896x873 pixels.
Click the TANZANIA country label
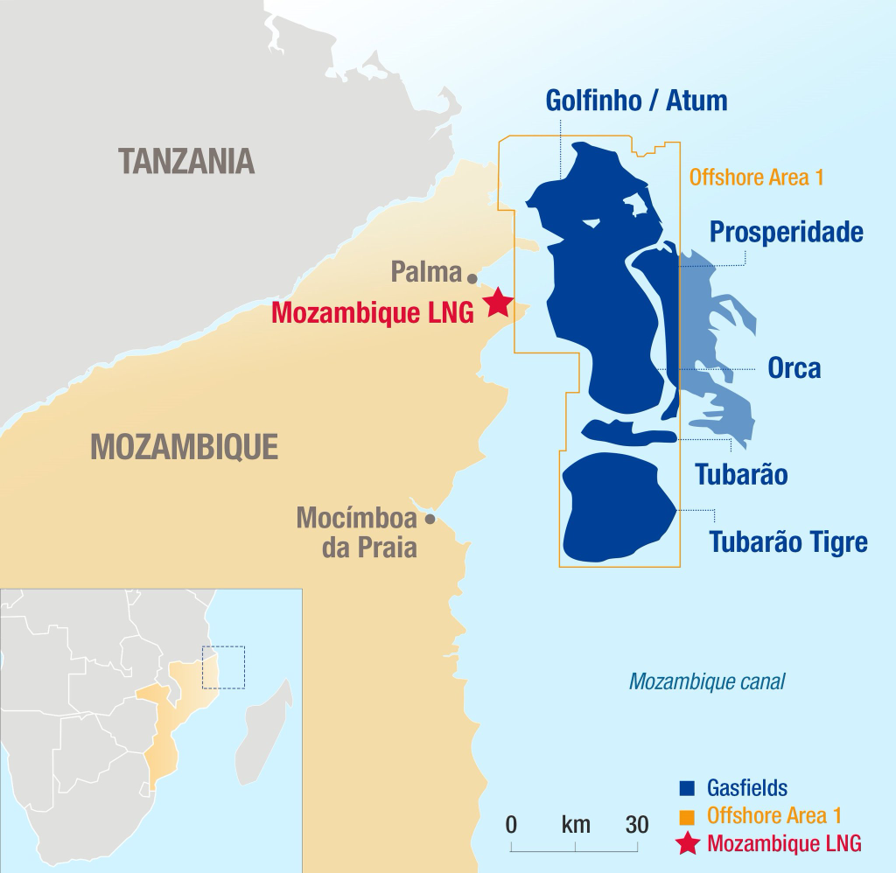point(186,160)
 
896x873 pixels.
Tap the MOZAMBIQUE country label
point(185,447)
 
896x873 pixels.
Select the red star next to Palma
point(498,302)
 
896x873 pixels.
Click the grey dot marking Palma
point(472,278)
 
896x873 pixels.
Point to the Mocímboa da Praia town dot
point(430,519)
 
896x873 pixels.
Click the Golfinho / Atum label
point(636,100)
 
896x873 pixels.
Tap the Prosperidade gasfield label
point(786,232)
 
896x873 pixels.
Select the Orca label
point(794,367)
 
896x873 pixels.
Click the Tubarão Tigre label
point(787,541)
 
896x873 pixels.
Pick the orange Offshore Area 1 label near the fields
point(756,178)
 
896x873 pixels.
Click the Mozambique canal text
point(707,681)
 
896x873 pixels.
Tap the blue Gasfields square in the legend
point(686,788)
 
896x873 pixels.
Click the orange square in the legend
point(686,816)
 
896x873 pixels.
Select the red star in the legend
point(688,843)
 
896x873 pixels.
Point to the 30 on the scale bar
point(637,824)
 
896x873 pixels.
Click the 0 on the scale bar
point(511,824)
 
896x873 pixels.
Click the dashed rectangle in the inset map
point(223,667)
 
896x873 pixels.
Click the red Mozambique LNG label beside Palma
point(372,312)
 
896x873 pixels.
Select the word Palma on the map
point(425,272)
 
